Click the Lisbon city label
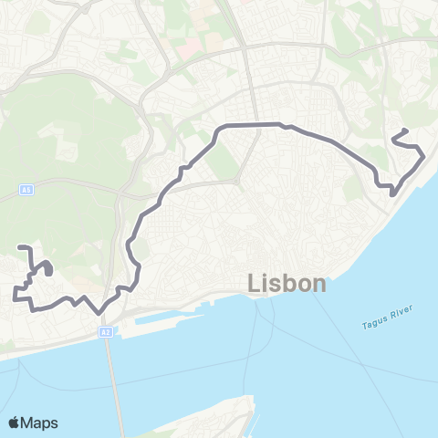click(x=287, y=284)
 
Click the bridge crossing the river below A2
click(x=112, y=383)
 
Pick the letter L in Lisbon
click(x=254, y=284)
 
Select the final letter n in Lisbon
click(x=318, y=284)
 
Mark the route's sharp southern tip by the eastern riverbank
click(x=391, y=193)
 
